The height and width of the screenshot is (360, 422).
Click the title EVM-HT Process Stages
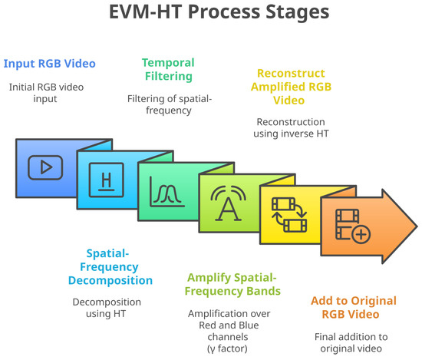pyautogui.click(x=219, y=12)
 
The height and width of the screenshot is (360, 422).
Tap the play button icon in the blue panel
pyautogui.click(x=45, y=167)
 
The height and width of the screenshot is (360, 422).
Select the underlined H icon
pyautogui.click(x=107, y=180)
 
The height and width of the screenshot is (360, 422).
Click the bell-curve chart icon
pyautogui.click(x=167, y=191)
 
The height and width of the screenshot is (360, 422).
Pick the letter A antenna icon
pyautogui.click(x=228, y=203)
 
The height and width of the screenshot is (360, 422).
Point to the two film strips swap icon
pyautogui.click(x=289, y=215)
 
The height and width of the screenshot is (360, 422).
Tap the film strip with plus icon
pyautogui.click(x=353, y=226)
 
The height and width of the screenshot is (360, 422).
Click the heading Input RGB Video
pyautogui.click(x=50, y=64)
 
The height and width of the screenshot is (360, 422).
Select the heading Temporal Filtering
pyautogui.click(x=169, y=69)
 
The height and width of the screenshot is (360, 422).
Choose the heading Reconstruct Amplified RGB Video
pyautogui.click(x=291, y=87)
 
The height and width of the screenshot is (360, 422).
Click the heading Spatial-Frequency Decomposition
pyautogui.click(x=110, y=267)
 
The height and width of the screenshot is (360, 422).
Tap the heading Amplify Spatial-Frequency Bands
pyautogui.click(x=232, y=284)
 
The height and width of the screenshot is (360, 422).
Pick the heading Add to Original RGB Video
pyautogui.click(x=354, y=308)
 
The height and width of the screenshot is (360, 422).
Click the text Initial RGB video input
pyautogui.click(x=46, y=93)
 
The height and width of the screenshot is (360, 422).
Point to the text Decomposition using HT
pyautogui.click(x=107, y=308)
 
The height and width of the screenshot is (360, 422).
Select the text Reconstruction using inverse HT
pyautogui.click(x=291, y=127)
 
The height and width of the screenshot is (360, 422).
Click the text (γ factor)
pyautogui.click(x=227, y=348)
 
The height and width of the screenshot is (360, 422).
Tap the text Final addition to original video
pyautogui.click(x=351, y=342)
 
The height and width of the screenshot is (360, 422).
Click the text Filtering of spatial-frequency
pyautogui.click(x=170, y=104)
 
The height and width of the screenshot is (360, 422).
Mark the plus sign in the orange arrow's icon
pyautogui.click(x=361, y=235)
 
